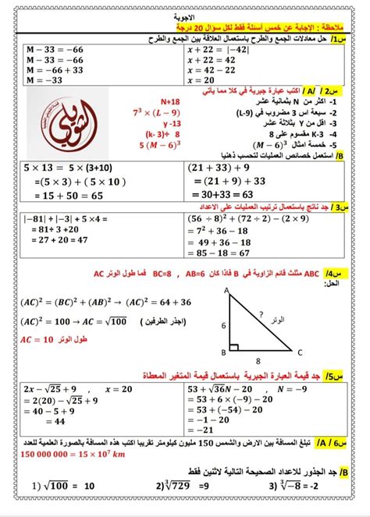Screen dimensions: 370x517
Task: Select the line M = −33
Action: tap(32, 80)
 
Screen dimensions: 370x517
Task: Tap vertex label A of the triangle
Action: tap(226, 290)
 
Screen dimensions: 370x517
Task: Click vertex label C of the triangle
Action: tap(290, 351)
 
